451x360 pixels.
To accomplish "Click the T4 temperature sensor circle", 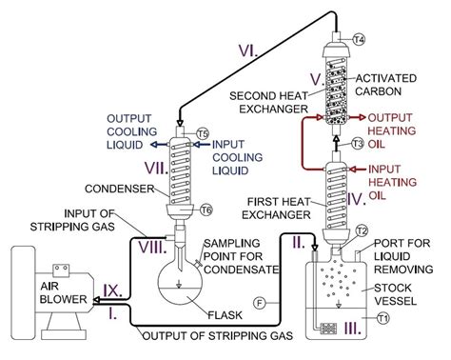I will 359,39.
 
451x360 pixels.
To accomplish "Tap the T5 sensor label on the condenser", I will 202,132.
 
